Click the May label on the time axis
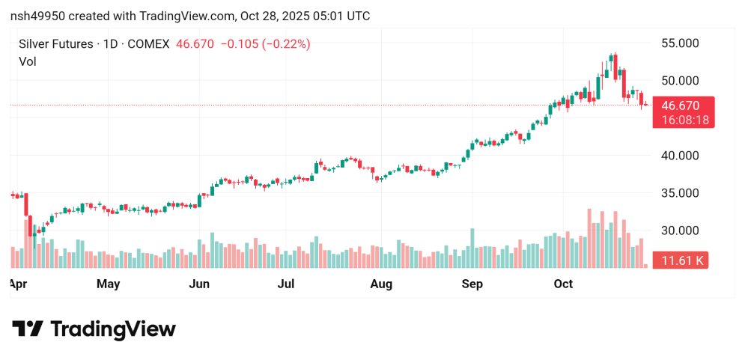click(109, 284)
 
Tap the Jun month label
click(199, 284)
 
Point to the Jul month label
click(287, 284)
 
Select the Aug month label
click(381, 284)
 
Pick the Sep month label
click(472, 284)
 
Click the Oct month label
click(563, 284)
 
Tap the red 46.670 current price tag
click(681, 106)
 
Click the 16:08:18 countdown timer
click(681, 120)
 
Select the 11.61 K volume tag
click(681, 260)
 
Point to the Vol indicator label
click(27, 61)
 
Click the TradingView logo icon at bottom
click(28, 329)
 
